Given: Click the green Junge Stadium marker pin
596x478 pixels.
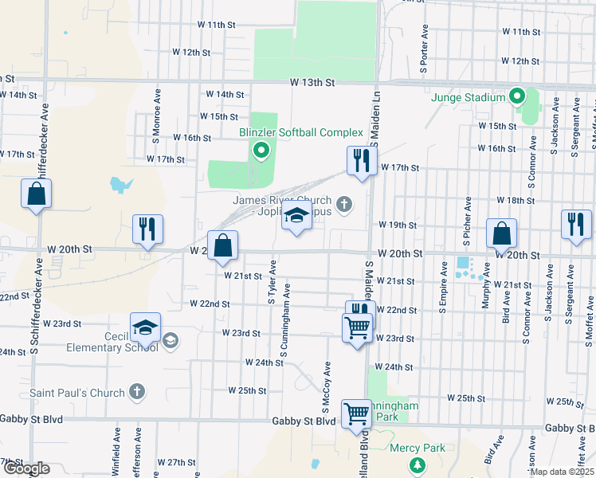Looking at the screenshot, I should [x=516, y=98].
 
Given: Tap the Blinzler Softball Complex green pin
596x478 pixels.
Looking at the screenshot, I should [x=260, y=149].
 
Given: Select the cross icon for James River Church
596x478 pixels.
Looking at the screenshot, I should [x=344, y=205].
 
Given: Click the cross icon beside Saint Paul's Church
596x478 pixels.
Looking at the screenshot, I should [x=137, y=392].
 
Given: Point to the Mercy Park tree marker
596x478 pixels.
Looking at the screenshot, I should [x=414, y=464].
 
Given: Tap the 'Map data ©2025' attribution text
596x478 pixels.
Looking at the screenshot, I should [x=562, y=472].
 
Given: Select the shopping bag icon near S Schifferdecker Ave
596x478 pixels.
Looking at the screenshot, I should [x=37, y=194].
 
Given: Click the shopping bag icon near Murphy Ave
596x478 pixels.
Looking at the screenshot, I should [x=501, y=234].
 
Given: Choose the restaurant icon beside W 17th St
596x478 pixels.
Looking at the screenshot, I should [x=361, y=161].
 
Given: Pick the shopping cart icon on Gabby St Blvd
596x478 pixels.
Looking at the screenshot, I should [x=356, y=414].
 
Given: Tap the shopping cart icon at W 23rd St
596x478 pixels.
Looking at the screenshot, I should [x=357, y=327].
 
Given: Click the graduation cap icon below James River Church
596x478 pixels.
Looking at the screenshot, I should [x=296, y=217].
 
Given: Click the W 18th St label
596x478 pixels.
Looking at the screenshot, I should [x=510, y=200].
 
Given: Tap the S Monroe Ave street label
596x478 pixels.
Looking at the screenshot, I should [x=158, y=111].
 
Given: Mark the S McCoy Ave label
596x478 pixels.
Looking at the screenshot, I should [x=326, y=381].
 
